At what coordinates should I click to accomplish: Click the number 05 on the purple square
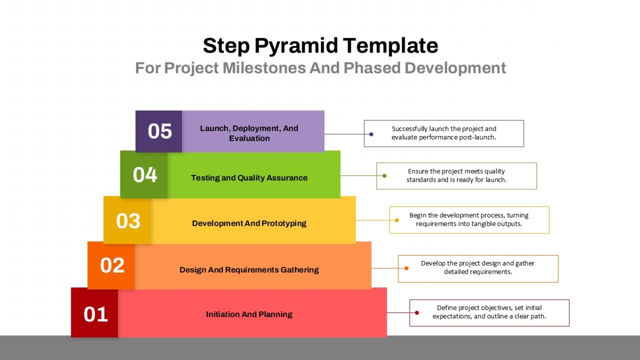click(159, 131)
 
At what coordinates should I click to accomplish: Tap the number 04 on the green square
click(145, 175)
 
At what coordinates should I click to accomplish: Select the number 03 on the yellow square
click(129, 221)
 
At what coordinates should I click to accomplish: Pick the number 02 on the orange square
click(113, 266)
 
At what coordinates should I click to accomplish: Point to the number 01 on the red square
click(95, 315)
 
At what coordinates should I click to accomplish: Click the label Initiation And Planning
click(249, 314)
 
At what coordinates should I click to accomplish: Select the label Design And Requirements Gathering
click(249, 270)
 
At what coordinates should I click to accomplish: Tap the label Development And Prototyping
click(249, 223)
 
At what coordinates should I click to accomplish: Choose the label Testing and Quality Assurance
click(249, 178)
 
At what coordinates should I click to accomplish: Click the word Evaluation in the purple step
click(249, 138)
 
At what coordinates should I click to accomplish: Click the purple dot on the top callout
click(371, 134)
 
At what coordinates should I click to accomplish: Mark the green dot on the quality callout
click(385, 175)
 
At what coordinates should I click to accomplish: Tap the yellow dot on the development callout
click(397, 220)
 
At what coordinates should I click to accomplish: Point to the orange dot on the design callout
click(406, 268)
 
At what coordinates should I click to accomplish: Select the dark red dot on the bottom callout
click(417, 313)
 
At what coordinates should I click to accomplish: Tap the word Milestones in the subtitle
click(264, 68)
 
